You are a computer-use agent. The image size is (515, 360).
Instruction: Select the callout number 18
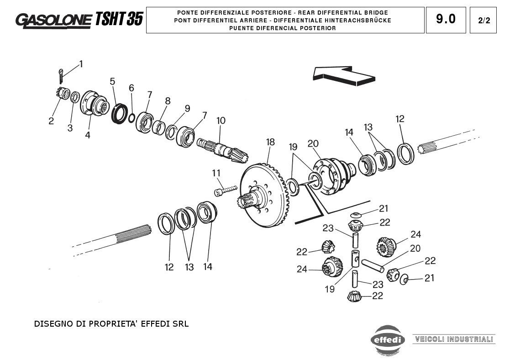click(x=271, y=142)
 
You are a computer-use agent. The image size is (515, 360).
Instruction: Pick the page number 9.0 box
click(x=446, y=20)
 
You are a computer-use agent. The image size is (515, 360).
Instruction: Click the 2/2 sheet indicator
click(x=483, y=20)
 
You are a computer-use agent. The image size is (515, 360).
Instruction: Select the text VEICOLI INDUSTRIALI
click(x=454, y=339)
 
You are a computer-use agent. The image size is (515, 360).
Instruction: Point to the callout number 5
click(x=112, y=81)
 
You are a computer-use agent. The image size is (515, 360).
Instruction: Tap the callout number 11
click(x=216, y=173)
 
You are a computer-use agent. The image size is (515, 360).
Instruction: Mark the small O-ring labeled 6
click(x=131, y=117)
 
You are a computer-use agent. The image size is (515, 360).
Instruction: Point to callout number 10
click(x=221, y=121)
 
